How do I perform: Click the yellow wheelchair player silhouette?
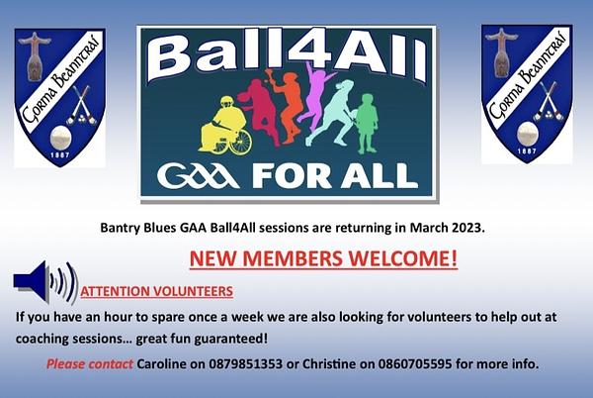[x=224, y=127]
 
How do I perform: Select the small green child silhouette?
[x=366, y=123]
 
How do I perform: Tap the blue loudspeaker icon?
[x=45, y=282]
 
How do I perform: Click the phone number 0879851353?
[x=245, y=364]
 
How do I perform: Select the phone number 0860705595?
[x=414, y=364]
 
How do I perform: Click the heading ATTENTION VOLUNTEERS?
[x=156, y=292]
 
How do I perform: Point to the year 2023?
[x=466, y=228]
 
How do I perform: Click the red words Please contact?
[x=90, y=364]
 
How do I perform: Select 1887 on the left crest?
[x=60, y=154]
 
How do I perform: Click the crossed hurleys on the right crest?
[x=548, y=102]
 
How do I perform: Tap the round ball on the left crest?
[x=59, y=138]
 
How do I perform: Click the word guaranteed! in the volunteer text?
[x=231, y=339]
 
